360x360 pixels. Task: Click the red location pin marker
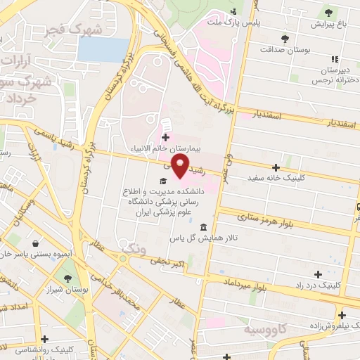181,166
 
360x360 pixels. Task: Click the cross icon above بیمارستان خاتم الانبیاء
165,137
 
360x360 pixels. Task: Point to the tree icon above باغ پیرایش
328,11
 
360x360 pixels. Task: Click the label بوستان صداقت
284,50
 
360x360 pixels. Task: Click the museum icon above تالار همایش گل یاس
203,227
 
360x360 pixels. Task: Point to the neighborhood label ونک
131,250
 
